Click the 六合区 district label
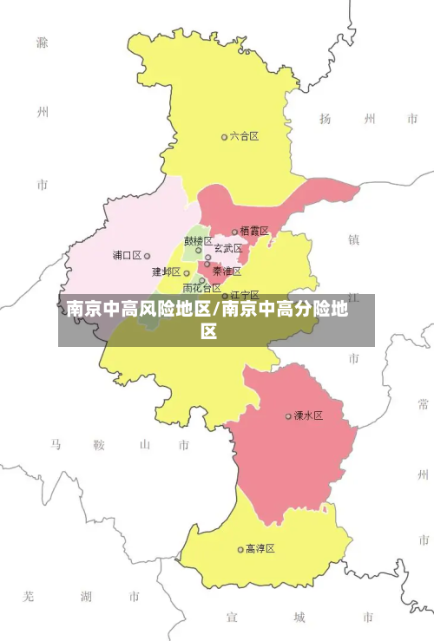[244, 136]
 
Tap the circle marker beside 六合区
[224, 137]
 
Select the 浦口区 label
[127, 255]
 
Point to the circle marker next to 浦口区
[147, 256]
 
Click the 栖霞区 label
[254, 231]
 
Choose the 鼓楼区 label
[198, 240]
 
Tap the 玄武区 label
[228, 248]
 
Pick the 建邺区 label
[166, 271]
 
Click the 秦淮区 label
[227, 271]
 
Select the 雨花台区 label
[201, 288]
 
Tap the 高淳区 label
[260, 548]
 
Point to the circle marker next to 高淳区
[240, 549]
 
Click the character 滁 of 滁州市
[43, 42]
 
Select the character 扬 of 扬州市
[325, 119]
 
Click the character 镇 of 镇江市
[353, 239]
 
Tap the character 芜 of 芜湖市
[29, 597]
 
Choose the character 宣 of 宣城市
[232, 617]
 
